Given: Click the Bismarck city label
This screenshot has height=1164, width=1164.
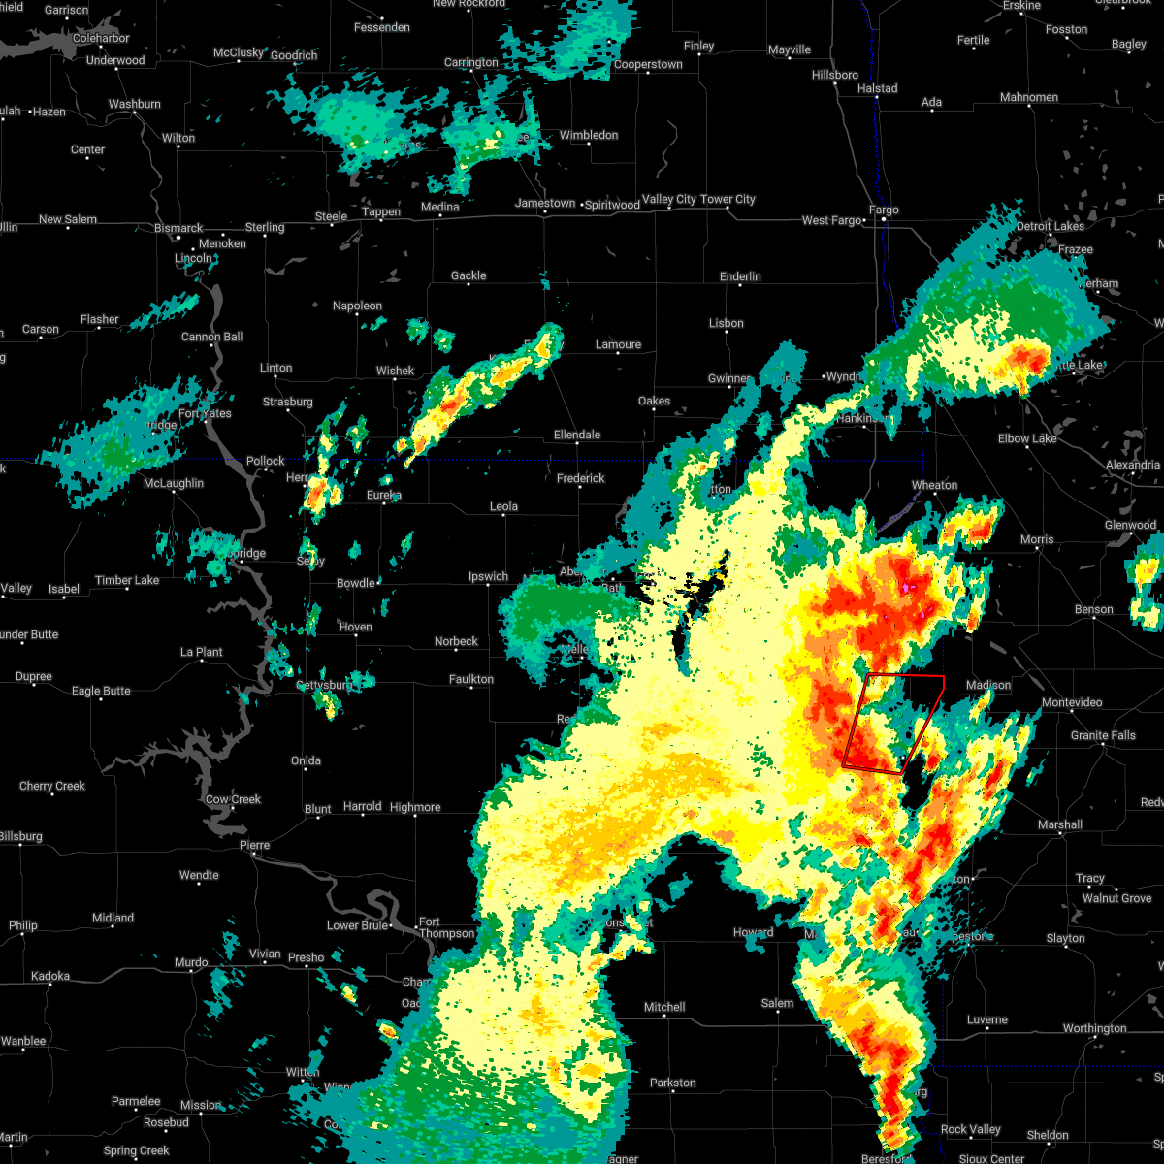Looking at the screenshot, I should tap(178, 228).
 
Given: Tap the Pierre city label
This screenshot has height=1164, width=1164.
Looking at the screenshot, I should tap(254, 845).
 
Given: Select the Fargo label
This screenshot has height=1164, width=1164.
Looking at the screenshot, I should tap(884, 210).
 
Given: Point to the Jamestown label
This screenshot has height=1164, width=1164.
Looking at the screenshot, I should tap(545, 203).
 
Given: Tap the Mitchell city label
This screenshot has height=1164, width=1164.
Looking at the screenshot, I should tap(664, 1007).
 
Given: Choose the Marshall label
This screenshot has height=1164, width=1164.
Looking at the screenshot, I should tap(1059, 824).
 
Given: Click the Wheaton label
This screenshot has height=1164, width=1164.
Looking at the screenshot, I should tap(934, 485).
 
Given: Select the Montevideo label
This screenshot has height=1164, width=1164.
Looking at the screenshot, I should tap(1072, 702).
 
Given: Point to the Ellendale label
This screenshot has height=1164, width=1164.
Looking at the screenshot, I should tap(577, 435).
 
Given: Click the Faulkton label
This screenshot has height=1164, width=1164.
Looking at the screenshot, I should tap(471, 679).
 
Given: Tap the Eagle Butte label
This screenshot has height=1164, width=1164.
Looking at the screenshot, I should tap(101, 691).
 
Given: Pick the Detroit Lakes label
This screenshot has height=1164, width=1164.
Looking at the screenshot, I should tap(1050, 226).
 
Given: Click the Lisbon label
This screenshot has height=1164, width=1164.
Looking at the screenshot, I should tap(726, 323).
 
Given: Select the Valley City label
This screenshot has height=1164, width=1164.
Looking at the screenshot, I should tap(669, 199).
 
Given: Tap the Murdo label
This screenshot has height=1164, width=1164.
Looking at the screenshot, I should tap(191, 962).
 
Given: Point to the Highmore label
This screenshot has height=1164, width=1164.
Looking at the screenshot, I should tap(415, 807).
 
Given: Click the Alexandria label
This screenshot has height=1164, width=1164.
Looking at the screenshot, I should tap(1132, 465).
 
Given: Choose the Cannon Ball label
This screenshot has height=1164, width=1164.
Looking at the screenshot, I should tap(212, 337).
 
